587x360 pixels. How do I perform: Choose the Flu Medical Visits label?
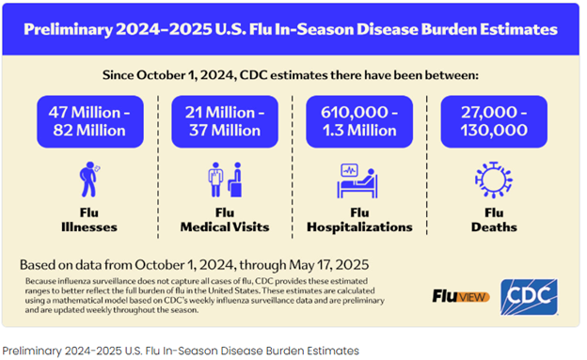coord(224,220)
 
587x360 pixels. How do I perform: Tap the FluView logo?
coord(460,296)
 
